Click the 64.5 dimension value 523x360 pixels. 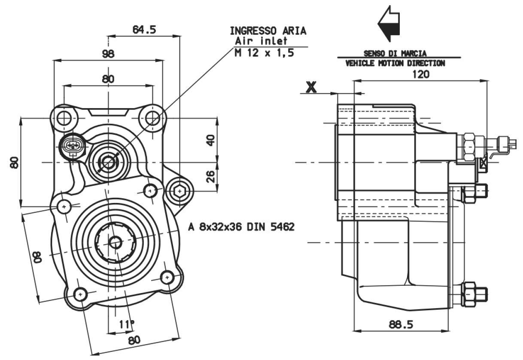click(144, 30)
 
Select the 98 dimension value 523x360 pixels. click(108, 54)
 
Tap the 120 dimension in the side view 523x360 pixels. click(421, 74)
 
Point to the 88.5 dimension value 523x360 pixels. click(401, 324)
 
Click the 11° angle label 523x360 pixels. click(127, 324)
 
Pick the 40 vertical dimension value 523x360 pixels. click(211, 140)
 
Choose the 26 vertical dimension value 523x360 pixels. click(211, 177)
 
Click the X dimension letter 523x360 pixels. click(311, 87)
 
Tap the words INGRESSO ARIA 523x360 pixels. click(268, 31)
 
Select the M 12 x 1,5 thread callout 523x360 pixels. click(264, 53)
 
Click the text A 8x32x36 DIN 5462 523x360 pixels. click(241, 227)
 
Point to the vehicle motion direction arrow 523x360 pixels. click(389, 24)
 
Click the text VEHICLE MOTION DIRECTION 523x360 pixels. click(395, 63)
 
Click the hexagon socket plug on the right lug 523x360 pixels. click(179, 191)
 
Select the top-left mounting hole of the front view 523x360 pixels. click(64, 118)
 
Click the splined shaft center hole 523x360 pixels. click(115, 242)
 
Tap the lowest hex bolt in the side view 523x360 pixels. click(474, 294)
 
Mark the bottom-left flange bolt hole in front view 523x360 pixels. click(81, 294)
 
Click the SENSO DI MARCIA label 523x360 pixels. click(395, 54)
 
